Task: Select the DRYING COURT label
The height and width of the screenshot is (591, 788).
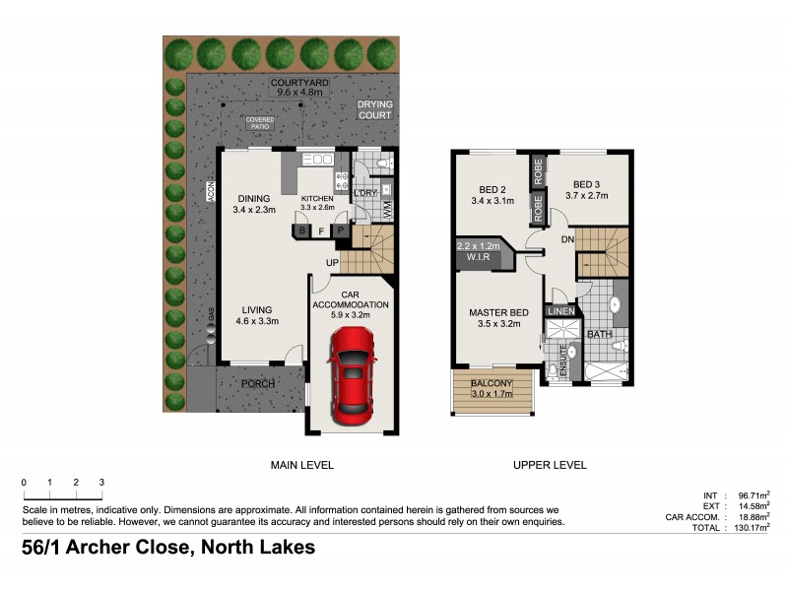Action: [374, 108]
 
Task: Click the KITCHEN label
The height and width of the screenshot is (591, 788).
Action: [317, 198]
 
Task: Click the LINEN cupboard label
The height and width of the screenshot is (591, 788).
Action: [562, 311]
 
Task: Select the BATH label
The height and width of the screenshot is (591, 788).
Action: [600, 335]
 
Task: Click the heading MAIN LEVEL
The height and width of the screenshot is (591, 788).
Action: [302, 465]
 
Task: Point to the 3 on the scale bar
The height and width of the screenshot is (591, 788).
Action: [101, 482]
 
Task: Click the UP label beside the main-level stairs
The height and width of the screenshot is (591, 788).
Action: [334, 262]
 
